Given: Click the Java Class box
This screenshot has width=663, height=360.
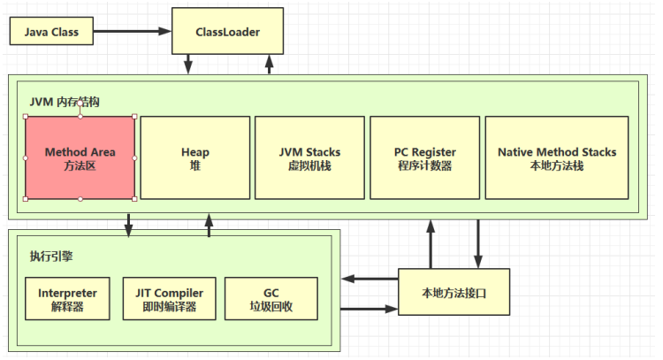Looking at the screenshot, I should coord(50,32).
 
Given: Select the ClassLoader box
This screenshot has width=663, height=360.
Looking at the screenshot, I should coord(228,32).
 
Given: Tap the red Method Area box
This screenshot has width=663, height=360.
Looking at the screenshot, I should coord(80,157).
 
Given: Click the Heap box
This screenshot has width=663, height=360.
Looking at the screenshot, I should coord(194,157).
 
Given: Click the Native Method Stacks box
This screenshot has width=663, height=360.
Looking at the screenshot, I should coord(557,157).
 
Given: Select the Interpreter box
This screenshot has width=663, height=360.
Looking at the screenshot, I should coord(68,299).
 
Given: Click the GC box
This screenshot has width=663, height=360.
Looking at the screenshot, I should coord(271,299).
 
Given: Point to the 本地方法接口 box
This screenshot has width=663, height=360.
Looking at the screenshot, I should coord(453,293).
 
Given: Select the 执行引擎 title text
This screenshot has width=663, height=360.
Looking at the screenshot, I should coord(50,256).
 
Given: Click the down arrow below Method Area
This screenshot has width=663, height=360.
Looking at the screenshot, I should coord(129,226).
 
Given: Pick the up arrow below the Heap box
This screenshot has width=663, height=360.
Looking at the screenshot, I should coord(210,226).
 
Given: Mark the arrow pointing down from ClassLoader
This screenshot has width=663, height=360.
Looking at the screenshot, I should coord(188,65).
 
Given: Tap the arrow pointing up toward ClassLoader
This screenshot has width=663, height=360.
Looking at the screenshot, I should coord(268,65).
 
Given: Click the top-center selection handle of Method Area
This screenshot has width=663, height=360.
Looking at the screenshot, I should coord(80,103).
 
